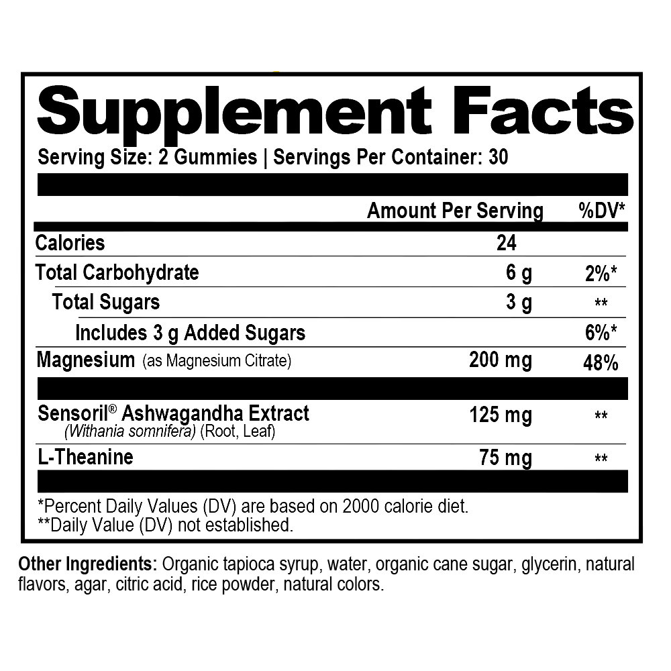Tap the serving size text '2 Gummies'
(208, 157)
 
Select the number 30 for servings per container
(498, 157)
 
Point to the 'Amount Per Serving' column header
(455, 211)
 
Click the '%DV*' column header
(602, 211)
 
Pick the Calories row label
(70, 242)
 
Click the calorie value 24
(507, 242)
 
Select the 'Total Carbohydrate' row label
(117, 272)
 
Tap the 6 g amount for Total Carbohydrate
(518, 272)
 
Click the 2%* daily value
(601, 273)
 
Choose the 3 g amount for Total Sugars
(518, 303)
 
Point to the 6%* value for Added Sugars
(601, 333)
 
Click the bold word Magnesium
(85, 360)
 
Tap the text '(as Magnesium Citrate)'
(217, 362)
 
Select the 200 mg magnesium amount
(500, 360)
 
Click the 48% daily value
(601, 363)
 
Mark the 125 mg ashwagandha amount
(500, 415)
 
